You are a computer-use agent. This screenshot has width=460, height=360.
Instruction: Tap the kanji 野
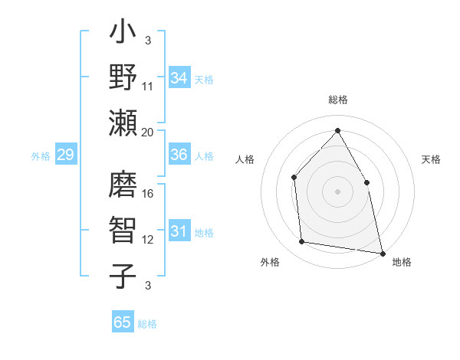[123, 77]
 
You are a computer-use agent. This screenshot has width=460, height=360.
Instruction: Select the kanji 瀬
[123, 123]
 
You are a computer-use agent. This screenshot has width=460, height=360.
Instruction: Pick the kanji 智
[123, 231]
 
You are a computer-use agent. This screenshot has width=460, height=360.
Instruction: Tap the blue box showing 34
[179, 78]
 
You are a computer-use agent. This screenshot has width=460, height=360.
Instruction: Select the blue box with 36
[179, 155]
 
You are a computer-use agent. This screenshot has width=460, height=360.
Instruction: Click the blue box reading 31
[179, 231]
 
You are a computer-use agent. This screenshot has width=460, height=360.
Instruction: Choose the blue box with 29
[65, 155]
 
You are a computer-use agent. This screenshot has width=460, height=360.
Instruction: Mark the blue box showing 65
[123, 322]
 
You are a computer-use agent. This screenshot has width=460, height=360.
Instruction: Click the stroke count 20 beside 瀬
[147, 132]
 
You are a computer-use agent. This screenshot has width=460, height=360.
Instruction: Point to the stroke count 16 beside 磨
[149, 194]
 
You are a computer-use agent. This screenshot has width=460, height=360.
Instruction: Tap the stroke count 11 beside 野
[149, 86]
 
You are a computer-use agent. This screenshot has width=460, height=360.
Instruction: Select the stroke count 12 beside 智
[149, 240]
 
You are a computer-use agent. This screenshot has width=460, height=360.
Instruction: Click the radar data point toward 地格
[382, 253]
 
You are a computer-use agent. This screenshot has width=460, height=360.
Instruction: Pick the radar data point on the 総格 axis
[337, 131]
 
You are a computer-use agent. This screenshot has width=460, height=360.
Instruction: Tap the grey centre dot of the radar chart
[337, 191]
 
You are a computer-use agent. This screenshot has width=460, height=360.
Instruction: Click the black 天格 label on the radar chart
[431, 159]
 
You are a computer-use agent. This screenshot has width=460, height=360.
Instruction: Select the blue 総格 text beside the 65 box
[147, 324]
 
